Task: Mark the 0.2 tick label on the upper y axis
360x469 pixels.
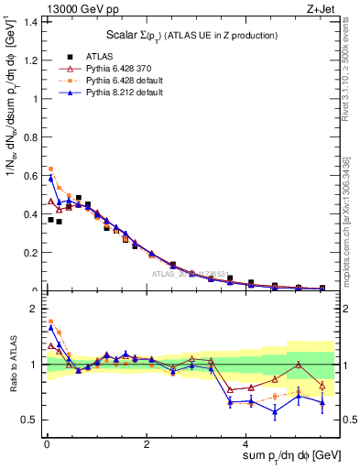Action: (x=29, y=253)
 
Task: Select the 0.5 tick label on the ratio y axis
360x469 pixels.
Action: (x=29, y=420)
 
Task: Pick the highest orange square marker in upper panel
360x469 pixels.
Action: (x=50, y=169)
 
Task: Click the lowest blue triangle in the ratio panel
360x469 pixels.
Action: (x=275, y=411)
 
